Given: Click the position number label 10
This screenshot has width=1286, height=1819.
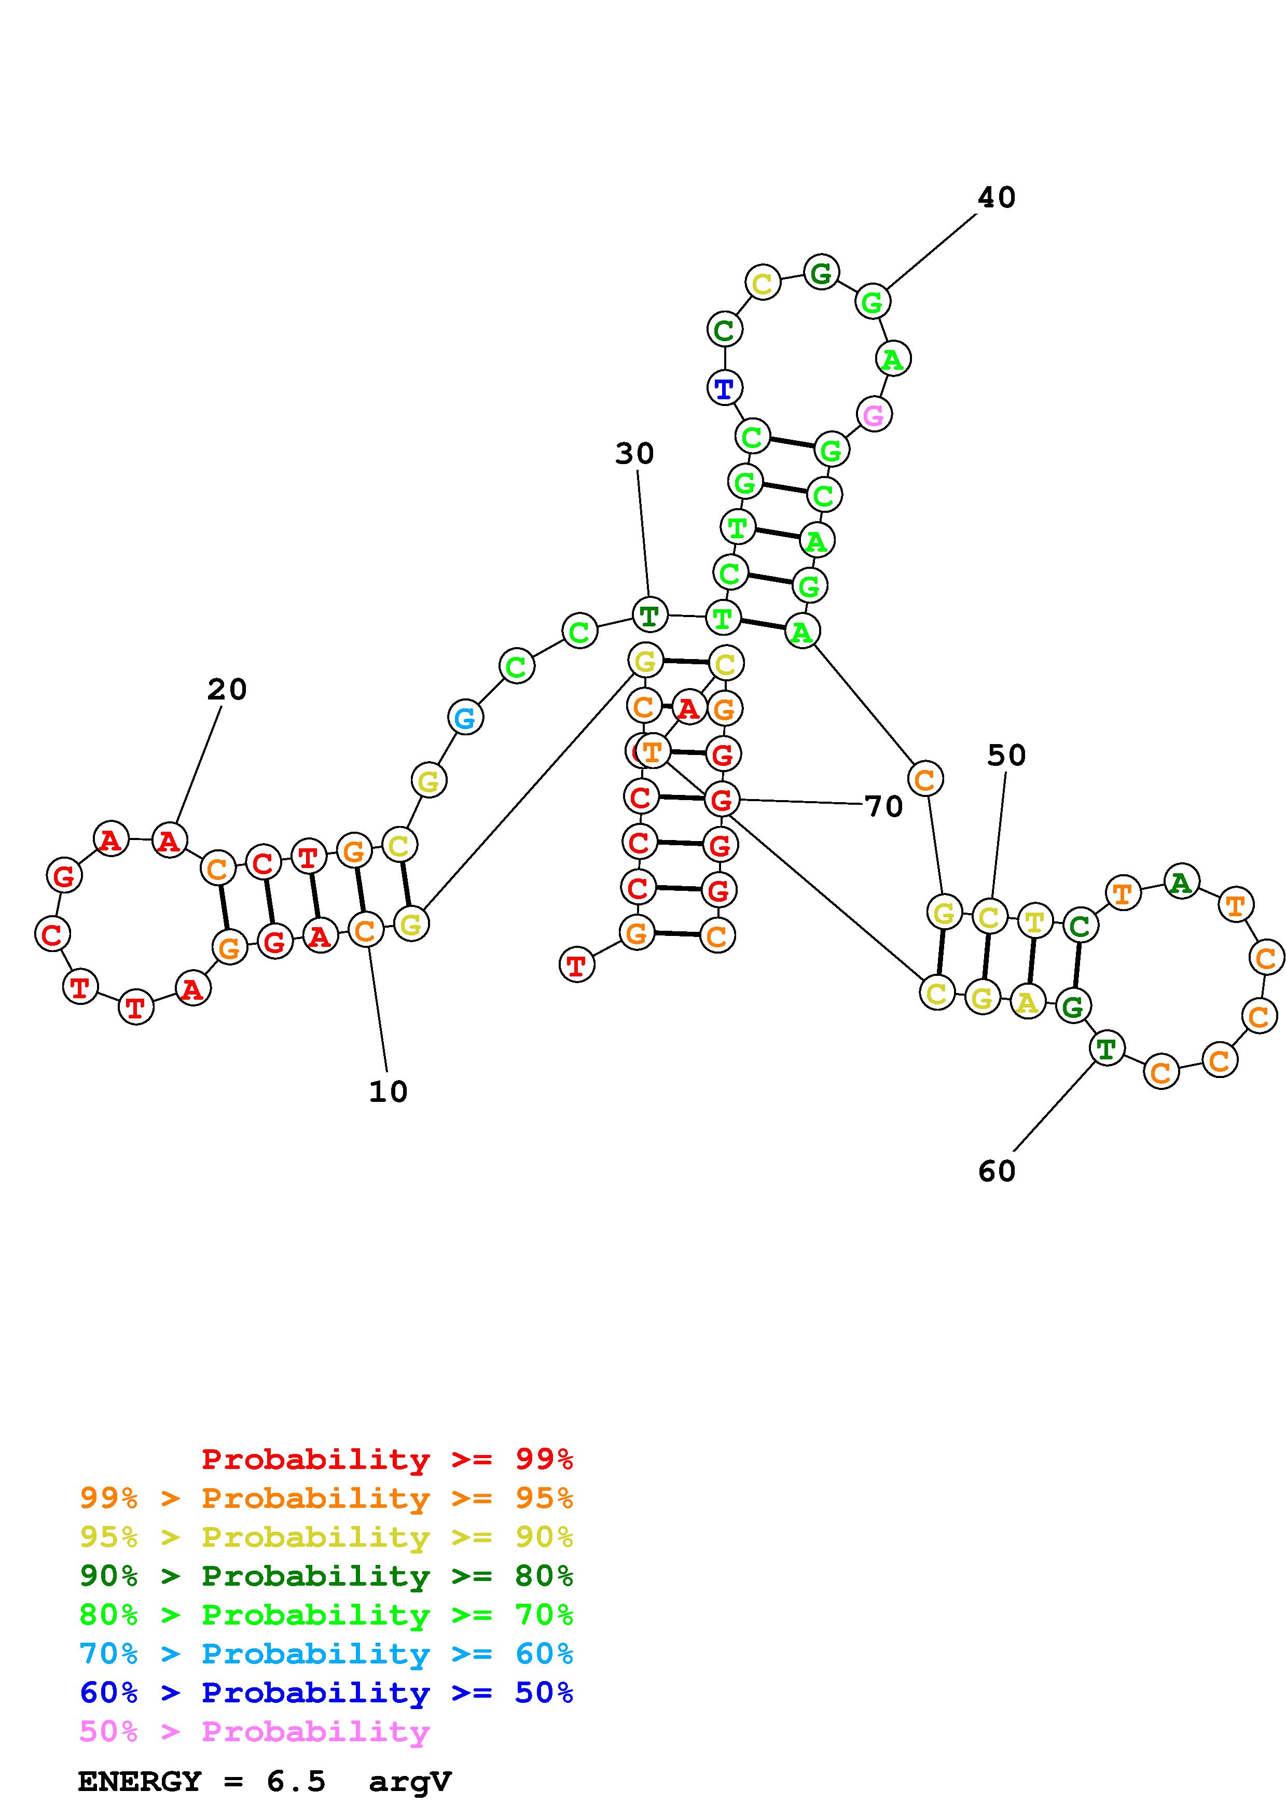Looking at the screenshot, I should click(388, 1093).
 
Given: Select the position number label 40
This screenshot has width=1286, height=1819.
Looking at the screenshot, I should click(996, 197).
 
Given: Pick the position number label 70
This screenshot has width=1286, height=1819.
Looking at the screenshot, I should click(883, 806).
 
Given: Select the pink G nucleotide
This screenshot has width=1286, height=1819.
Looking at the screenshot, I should click(873, 414).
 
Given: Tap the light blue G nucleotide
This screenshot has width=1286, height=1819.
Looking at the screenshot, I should click(465, 718).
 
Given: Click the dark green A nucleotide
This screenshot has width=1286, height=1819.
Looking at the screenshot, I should click(1181, 882).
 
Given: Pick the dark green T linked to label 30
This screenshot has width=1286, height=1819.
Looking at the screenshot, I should click(649, 615).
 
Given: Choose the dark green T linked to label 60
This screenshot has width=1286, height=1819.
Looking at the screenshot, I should click(1106, 1049).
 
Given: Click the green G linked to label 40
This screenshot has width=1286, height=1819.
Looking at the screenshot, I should click(873, 301).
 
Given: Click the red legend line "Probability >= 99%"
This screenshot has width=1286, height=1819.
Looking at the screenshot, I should click(386, 1459).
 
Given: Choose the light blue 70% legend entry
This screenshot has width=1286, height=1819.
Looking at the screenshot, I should click(326, 1654).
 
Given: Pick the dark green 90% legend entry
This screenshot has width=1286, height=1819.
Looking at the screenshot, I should click(326, 1576).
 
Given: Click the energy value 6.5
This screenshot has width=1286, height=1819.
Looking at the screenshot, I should click(296, 1782).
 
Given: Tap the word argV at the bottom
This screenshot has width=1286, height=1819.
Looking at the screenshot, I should click(410, 1782).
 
